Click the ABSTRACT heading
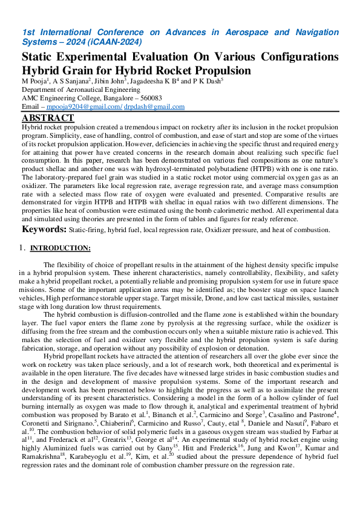coord(48,118)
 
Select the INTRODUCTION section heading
coord(61,248)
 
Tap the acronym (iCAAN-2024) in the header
coord(113,42)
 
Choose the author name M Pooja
coord(34,80)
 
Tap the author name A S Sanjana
coord(71,80)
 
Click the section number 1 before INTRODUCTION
coord(22,248)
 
